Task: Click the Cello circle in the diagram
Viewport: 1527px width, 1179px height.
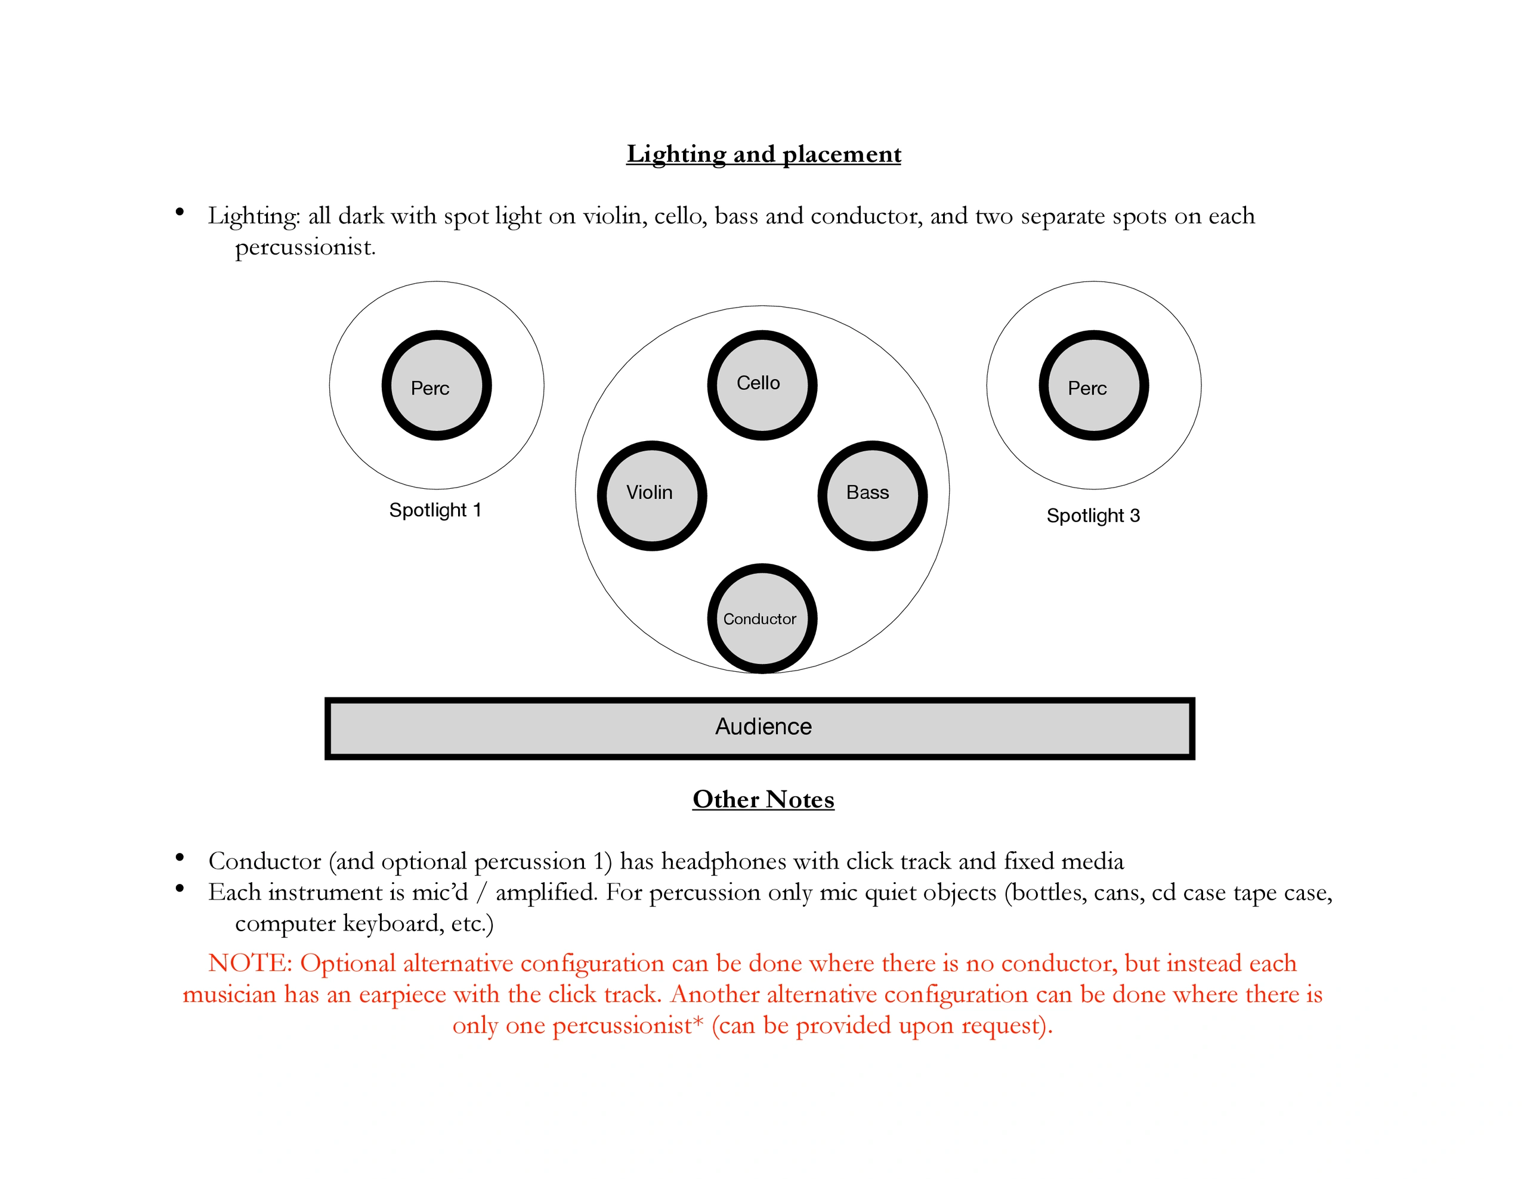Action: tap(762, 385)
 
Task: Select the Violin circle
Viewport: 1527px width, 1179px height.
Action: tap(651, 495)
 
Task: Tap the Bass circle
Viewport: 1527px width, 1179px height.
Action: tap(873, 495)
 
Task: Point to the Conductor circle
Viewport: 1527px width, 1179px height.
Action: tap(762, 619)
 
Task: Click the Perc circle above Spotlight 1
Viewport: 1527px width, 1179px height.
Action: tap(436, 385)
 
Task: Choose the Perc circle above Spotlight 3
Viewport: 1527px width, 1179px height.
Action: tap(1093, 385)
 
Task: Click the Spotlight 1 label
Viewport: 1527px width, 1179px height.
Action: tap(435, 510)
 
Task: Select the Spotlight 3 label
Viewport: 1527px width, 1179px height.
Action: tap(1093, 516)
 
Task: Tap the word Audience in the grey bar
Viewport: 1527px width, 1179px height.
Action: tap(763, 727)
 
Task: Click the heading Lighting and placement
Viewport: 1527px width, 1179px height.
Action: tap(763, 154)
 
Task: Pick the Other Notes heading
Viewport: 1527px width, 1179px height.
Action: tap(763, 799)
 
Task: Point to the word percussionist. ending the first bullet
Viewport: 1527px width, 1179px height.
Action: tap(305, 247)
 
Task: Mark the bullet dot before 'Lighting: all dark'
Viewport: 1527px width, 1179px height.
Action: tap(180, 211)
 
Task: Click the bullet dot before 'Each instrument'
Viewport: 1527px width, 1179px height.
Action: tap(180, 888)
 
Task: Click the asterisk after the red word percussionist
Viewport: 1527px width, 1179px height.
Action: tap(698, 1022)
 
